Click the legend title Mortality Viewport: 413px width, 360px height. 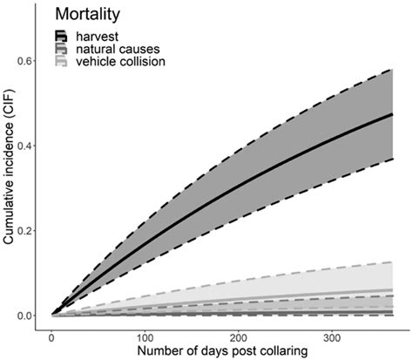click(x=92, y=15)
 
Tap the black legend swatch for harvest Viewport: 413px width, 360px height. click(x=61, y=36)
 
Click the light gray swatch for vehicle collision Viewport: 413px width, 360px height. click(x=61, y=62)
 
